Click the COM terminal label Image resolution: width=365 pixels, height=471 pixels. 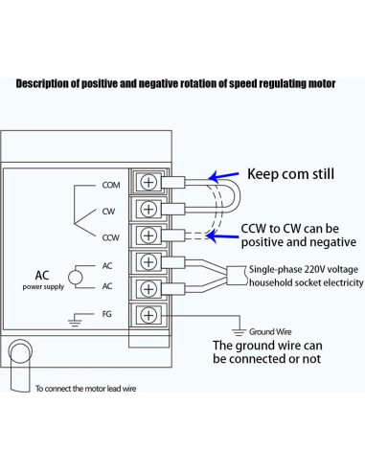point(111,184)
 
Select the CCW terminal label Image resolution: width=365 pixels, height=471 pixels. point(110,235)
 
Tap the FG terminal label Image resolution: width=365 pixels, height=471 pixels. point(108,313)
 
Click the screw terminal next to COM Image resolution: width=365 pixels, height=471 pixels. point(149,182)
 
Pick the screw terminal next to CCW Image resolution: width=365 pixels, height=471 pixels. point(149,235)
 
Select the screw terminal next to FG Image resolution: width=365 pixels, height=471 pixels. point(149,314)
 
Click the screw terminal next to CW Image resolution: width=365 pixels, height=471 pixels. point(149,209)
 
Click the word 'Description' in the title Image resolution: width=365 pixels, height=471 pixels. point(45,83)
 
